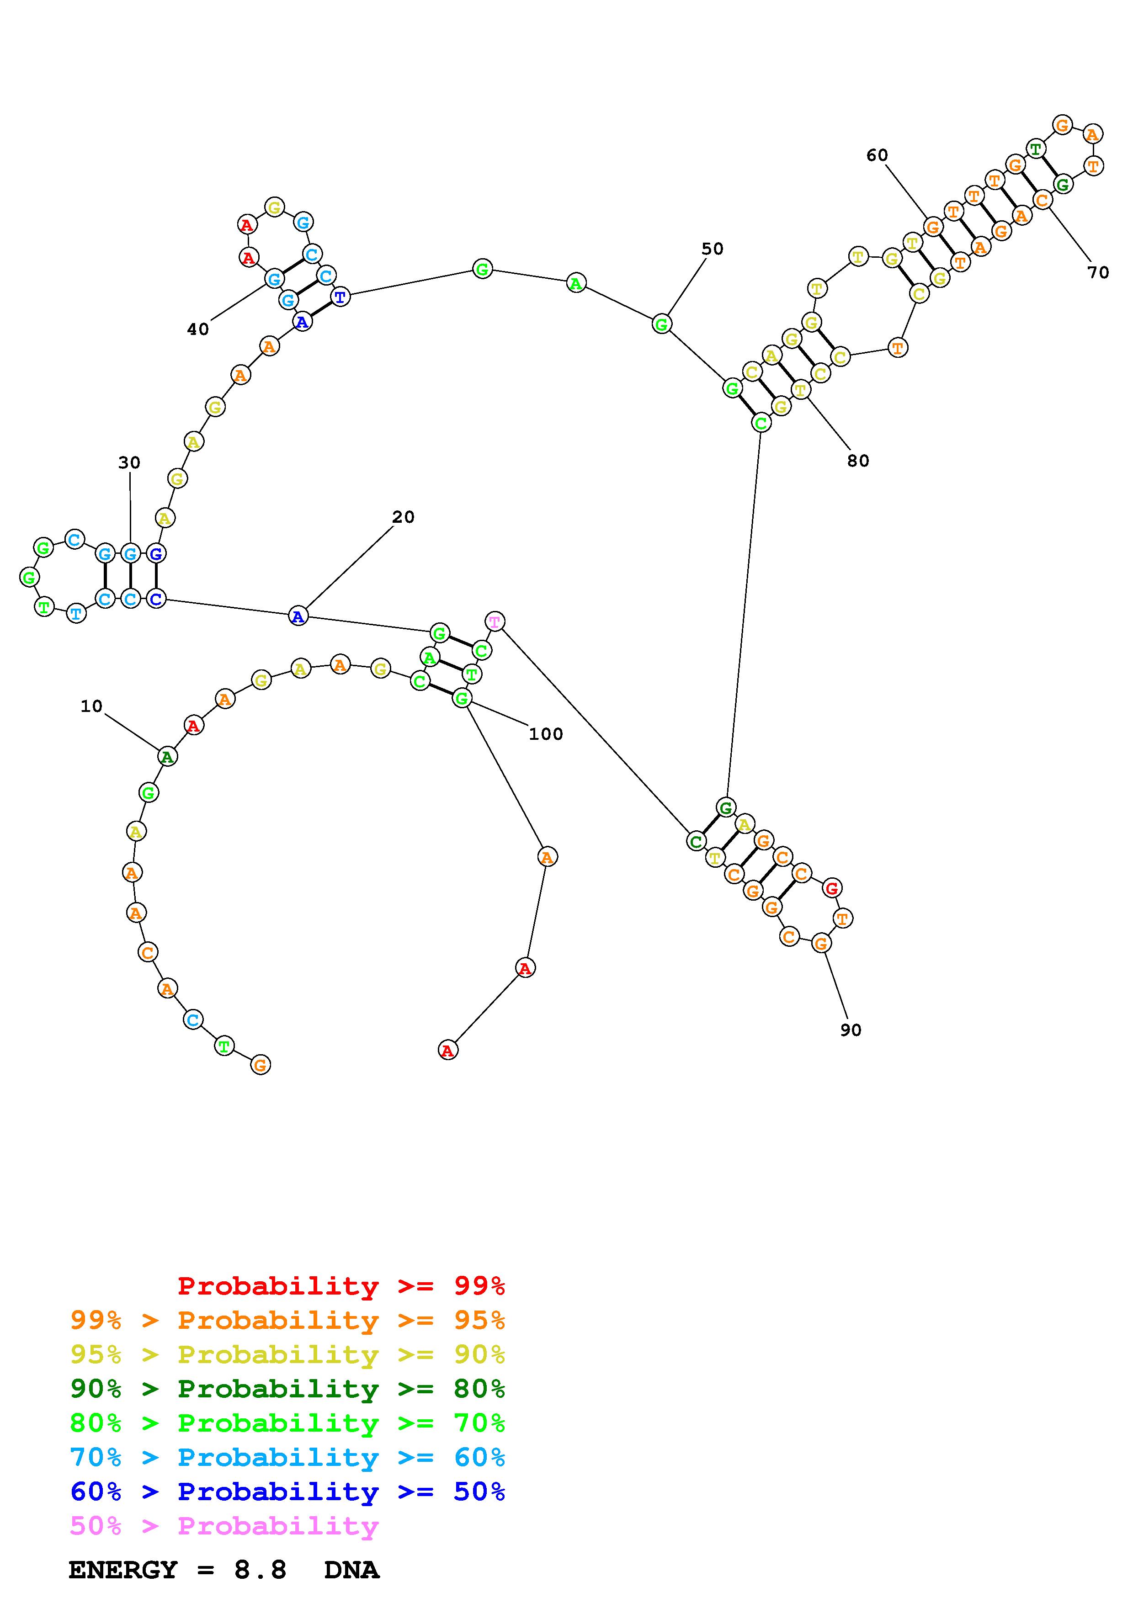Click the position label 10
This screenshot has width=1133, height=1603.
click(91, 706)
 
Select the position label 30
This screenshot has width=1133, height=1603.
click(129, 463)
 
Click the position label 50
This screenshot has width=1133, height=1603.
click(712, 249)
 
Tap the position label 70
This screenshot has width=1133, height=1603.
click(1098, 273)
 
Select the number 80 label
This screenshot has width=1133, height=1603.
click(858, 461)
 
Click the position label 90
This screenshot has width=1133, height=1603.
click(850, 1030)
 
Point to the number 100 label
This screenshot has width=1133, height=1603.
click(545, 734)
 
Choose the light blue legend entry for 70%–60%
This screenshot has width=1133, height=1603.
click(287, 1458)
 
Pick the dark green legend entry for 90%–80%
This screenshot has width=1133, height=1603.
click(287, 1389)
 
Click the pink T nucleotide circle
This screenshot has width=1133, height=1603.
click(495, 621)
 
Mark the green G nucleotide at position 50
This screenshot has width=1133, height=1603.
click(661, 324)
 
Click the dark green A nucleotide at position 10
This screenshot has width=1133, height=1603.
click(167, 756)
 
